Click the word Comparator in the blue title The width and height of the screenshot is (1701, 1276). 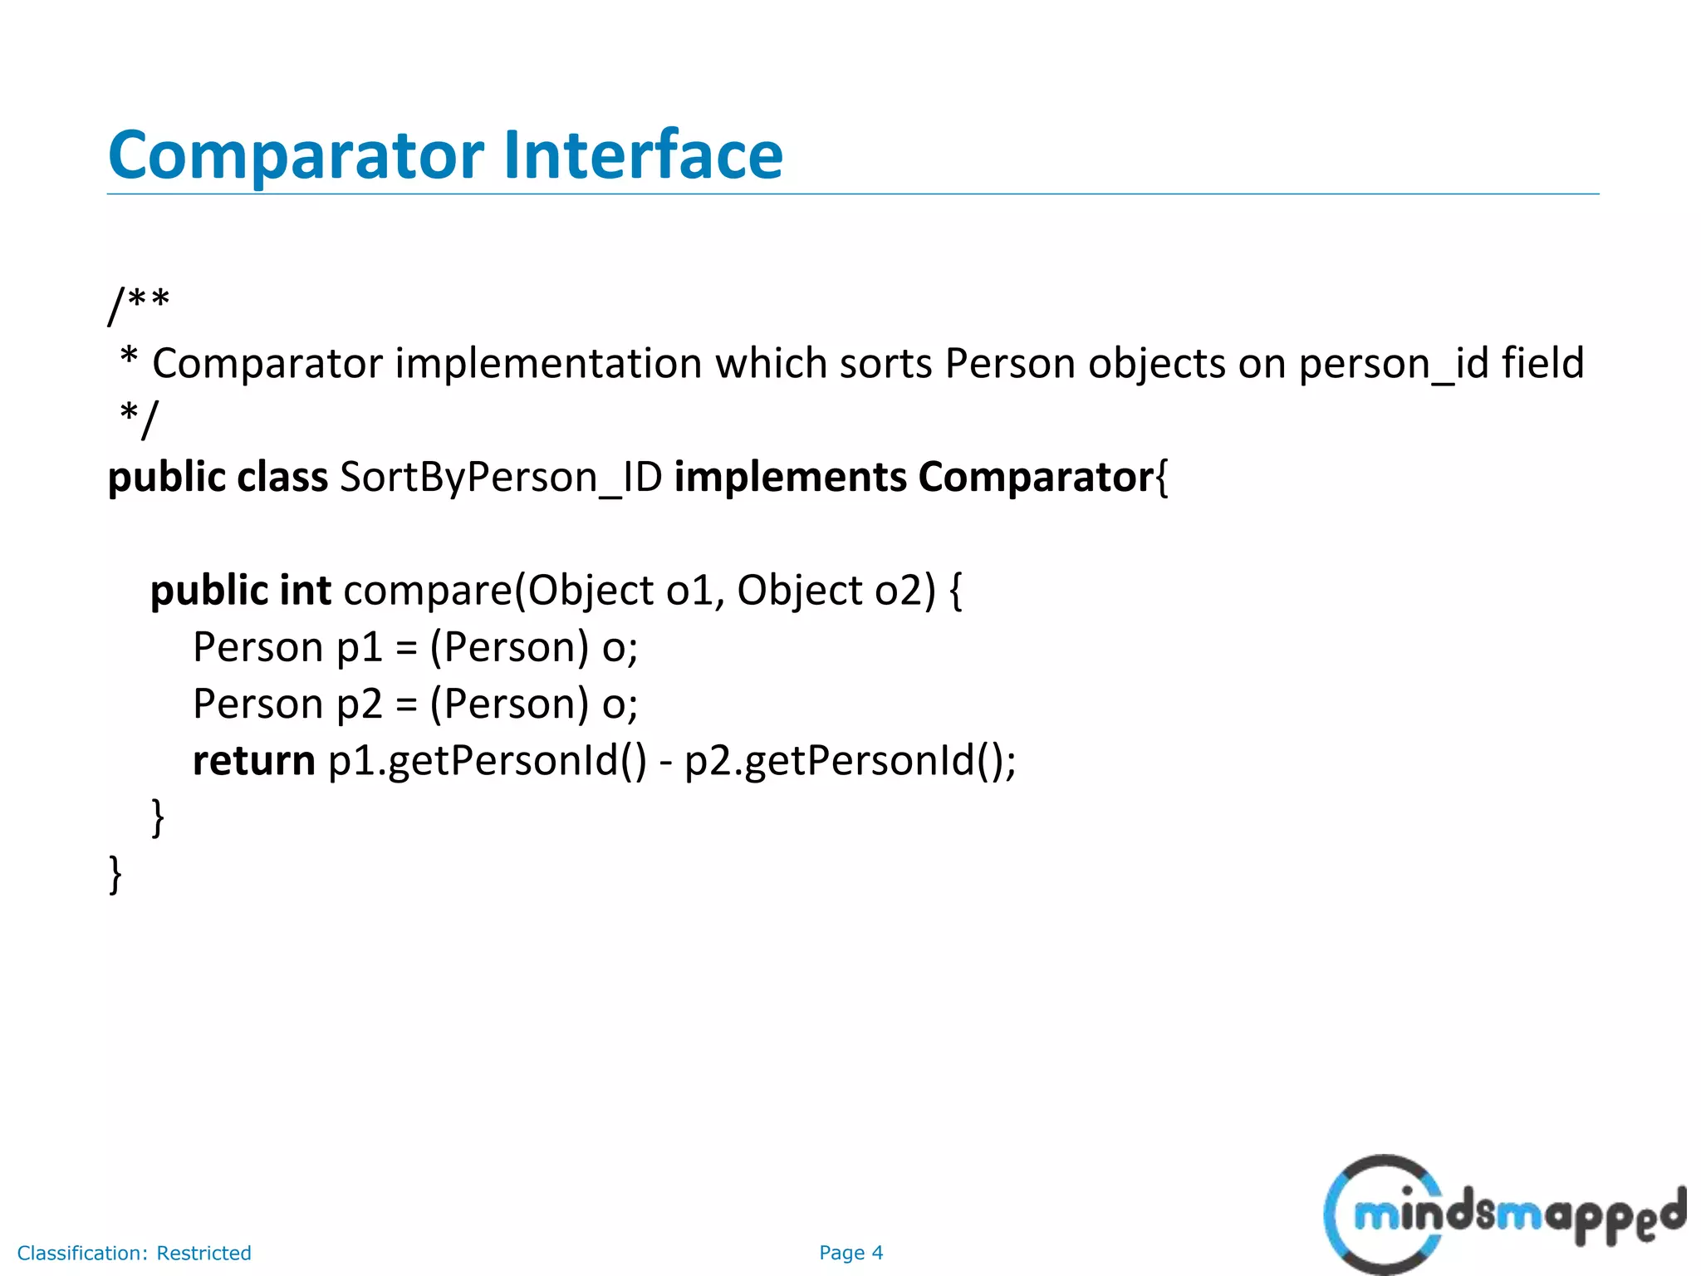pos(296,155)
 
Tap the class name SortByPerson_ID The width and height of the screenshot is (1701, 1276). pos(501,478)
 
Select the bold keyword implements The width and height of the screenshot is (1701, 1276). pos(790,478)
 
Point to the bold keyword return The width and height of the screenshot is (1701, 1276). pos(253,761)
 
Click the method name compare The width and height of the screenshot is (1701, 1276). pos(428,591)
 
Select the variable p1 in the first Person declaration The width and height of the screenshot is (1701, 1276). pos(359,648)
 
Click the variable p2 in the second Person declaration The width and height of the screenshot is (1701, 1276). pos(359,704)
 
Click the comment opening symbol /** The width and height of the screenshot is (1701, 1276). pos(139,304)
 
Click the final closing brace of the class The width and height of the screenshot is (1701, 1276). pos(115,875)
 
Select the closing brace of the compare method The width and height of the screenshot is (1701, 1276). pos(158,817)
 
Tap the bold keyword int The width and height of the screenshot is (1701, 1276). pos(306,591)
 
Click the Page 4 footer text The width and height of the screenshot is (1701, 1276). pos(850,1253)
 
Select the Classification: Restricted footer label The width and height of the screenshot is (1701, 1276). pos(134,1253)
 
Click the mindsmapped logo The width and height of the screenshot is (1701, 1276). pos(1503,1215)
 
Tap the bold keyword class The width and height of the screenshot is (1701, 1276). pos(282,478)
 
